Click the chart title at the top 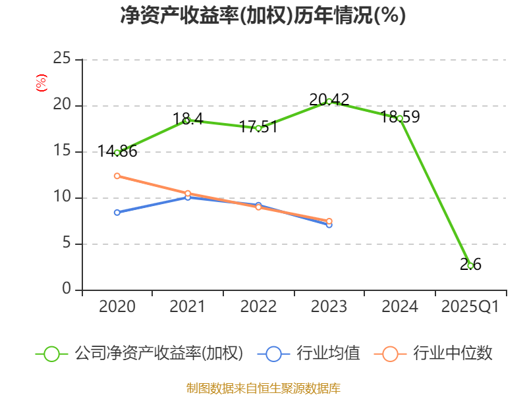click(x=263, y=15)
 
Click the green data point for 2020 click(x=117, y=152)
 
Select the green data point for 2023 click(x=329, y=101)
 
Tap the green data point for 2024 click(x=400, y=118)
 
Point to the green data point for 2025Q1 click(x=470, y=265)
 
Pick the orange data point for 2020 click(x=117, y=176)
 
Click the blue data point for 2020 click(x=117, y=212)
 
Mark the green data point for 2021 click(x=188, y=120)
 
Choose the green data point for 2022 click(x=258, y=128)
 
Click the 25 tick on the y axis click(x=62, y=59)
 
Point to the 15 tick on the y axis click(x=62, y=151)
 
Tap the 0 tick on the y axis click(x=67, y=290)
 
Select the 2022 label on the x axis click(x=258, y=307)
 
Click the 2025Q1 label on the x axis click(x=470, y=307)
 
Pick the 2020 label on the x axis click(x=117, y=307)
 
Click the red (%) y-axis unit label click(x=42, y=84)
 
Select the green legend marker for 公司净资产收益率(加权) click(x=52, y=354)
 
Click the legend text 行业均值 click(x=328, y=354)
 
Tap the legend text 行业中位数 click(x=453, y=354)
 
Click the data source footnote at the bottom click(x=263, y=388)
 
